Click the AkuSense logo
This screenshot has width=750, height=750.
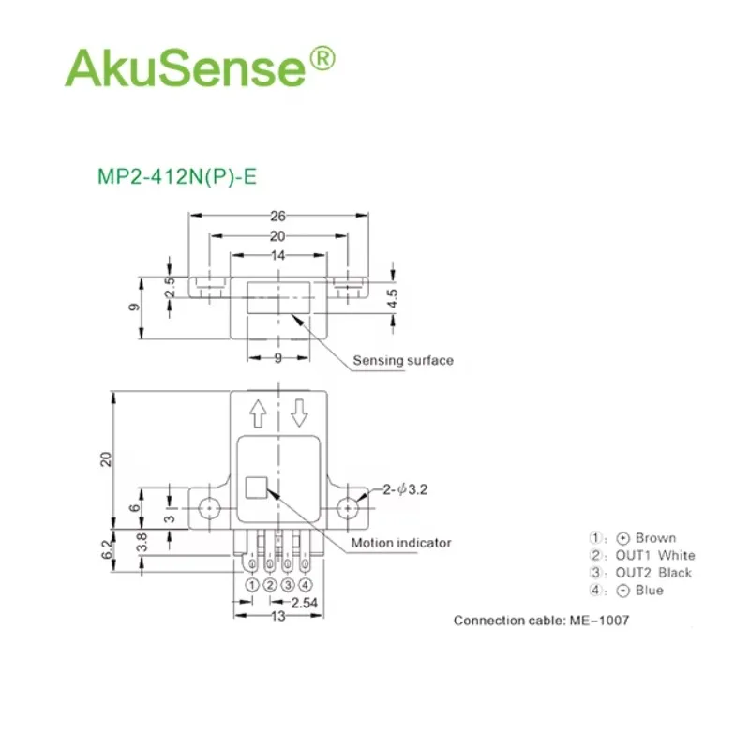pos(200,67)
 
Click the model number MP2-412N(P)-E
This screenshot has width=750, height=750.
pos(177,176)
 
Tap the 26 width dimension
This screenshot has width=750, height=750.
pos(277,217)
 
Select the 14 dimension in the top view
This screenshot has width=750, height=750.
pos(277,255)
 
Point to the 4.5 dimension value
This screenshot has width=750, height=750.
pos(392,298)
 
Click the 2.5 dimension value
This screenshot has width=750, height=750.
pos(170,287)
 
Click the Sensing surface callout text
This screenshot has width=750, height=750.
pos(403,360)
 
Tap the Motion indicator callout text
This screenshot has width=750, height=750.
pos(401,543)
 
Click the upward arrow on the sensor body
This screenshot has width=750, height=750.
pos(259,413)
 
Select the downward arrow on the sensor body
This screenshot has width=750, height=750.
pos(299,413)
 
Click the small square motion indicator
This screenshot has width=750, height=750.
pos(256,487)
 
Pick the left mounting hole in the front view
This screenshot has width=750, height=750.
pos(208,508)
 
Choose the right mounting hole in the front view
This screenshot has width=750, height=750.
pos(347,508)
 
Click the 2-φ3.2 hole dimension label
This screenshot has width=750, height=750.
pos(405,489)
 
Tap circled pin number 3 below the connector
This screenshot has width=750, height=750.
pos(288,585)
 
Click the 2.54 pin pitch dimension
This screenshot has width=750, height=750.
pos(304,603)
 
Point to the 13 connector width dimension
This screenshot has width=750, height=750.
pos(277,616)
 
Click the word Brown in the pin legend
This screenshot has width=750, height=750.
pos(655,538)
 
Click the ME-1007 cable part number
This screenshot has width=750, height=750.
pos(599,621)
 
